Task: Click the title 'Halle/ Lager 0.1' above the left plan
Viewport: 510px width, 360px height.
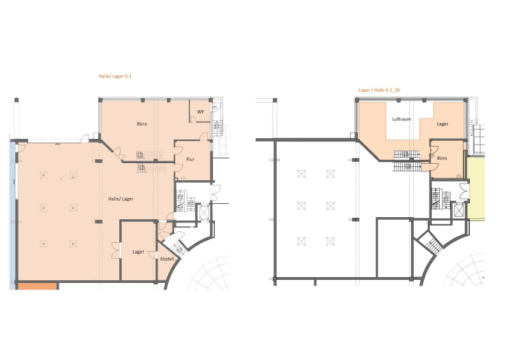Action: tap(115, 76)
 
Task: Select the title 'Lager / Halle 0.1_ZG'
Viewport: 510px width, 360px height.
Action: tap(379, 91)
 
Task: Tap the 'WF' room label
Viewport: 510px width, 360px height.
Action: tap(200, 112)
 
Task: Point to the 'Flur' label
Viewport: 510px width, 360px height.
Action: tap(190, 159)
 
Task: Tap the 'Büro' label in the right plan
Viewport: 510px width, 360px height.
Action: tap(442, 157)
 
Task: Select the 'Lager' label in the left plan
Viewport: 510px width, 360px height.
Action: tap(138, 252)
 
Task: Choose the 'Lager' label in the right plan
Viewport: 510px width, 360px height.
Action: tap(442, 124)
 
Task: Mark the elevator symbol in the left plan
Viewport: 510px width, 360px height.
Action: tap(205, 212)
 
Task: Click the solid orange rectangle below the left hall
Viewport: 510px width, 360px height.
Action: tap(37, 286)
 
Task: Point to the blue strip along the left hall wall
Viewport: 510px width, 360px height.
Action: tap(12, 210)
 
